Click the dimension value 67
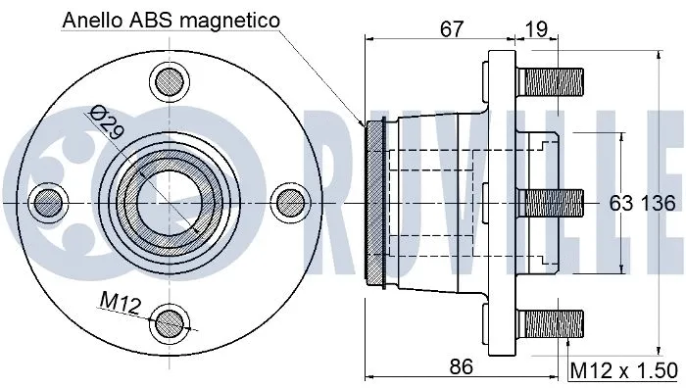tap(451, 29)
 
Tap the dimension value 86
tap(462, 367)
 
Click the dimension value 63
tap(621, 204)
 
